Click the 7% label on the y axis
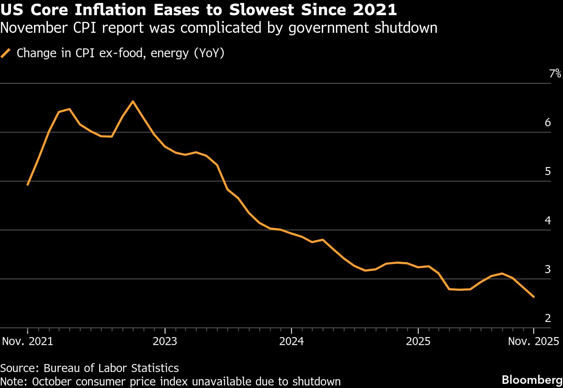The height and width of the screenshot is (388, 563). coord(555,74)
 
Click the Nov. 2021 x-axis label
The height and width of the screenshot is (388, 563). coord(28,341)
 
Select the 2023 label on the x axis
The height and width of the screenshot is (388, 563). coord(165,341)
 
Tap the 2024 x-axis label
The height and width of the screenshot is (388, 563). coord(292,341)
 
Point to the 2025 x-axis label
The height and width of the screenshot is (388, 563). coord(418,341)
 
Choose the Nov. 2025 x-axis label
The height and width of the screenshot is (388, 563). coord(533,341)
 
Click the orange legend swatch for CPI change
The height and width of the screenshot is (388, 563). coord(6,53)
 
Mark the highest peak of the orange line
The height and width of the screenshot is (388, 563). coord(133,101)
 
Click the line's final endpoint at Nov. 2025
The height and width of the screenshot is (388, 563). coord(534,297)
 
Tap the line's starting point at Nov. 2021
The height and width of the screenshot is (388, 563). coord(27,184)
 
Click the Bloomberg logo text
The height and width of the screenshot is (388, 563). coord(532,377)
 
